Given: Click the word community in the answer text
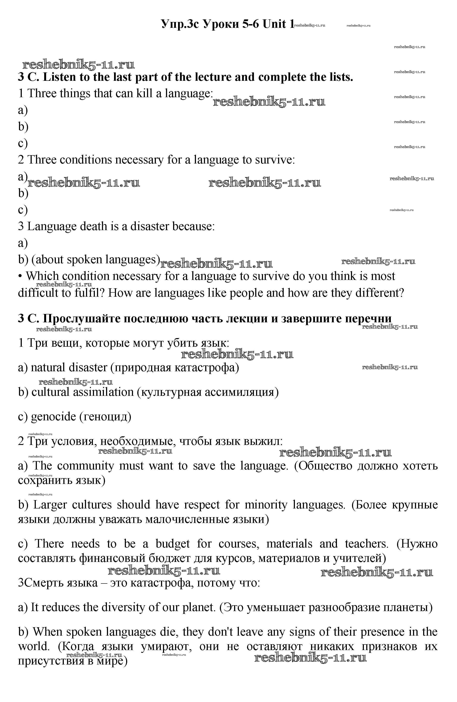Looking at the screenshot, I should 85,466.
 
